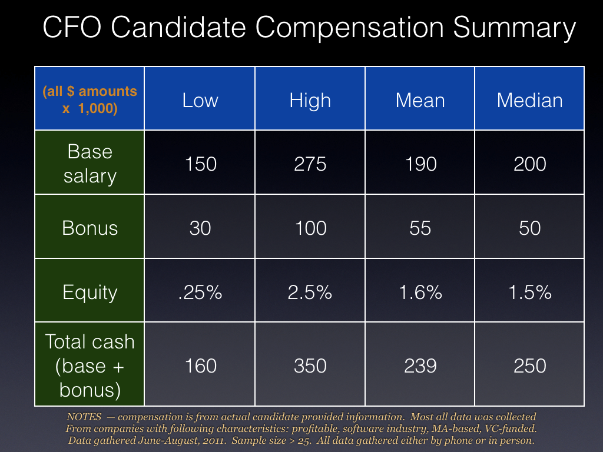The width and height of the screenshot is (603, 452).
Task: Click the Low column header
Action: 200,100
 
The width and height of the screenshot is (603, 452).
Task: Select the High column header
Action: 310,101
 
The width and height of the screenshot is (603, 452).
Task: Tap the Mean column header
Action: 420,100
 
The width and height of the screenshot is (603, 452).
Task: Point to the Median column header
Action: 529,100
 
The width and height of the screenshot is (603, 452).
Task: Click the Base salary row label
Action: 90,164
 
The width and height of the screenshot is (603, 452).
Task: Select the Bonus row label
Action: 90,228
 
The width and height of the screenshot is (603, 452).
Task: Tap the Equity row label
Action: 90,293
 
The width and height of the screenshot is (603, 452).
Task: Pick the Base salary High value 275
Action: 310,164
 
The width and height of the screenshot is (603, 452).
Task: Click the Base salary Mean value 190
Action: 420,164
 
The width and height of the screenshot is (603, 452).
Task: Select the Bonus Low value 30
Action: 200,228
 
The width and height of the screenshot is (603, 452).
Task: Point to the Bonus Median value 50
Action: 529,228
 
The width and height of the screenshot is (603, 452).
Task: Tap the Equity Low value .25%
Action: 200,292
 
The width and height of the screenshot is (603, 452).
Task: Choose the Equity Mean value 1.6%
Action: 420,292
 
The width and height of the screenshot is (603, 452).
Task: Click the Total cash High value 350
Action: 310,365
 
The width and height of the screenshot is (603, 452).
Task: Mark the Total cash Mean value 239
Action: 420,365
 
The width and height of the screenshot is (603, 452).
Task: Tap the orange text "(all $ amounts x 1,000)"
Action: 90,99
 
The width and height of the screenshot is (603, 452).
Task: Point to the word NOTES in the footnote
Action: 84,417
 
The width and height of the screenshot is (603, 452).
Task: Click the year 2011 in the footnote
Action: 213,440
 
